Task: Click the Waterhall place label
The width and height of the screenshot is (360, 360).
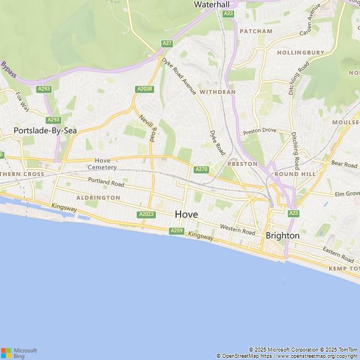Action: point(211,4)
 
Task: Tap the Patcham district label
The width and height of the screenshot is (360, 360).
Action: point(256,31)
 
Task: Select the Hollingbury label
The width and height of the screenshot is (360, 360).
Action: point(300,53)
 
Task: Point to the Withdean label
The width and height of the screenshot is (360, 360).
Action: point(217,91)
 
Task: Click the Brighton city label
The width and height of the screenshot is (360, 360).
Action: point(282,236)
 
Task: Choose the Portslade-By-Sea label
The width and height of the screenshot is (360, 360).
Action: point(45,130)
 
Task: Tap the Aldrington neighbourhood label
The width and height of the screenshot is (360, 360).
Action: point(98,198)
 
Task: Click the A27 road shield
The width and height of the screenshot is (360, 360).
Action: point(167,44)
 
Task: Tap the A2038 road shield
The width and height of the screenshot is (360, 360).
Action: point(144,89)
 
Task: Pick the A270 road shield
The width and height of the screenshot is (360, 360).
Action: point(201,169)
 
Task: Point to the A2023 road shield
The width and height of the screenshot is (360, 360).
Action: point(146,214)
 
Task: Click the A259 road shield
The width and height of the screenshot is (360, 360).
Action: point(177,231)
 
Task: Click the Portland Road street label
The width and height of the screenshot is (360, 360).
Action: point(106,182)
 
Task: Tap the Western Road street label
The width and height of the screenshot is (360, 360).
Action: point(237,229)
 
